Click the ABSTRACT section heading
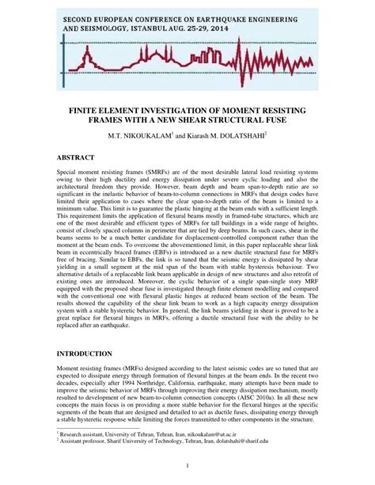82,158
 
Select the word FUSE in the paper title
274,118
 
